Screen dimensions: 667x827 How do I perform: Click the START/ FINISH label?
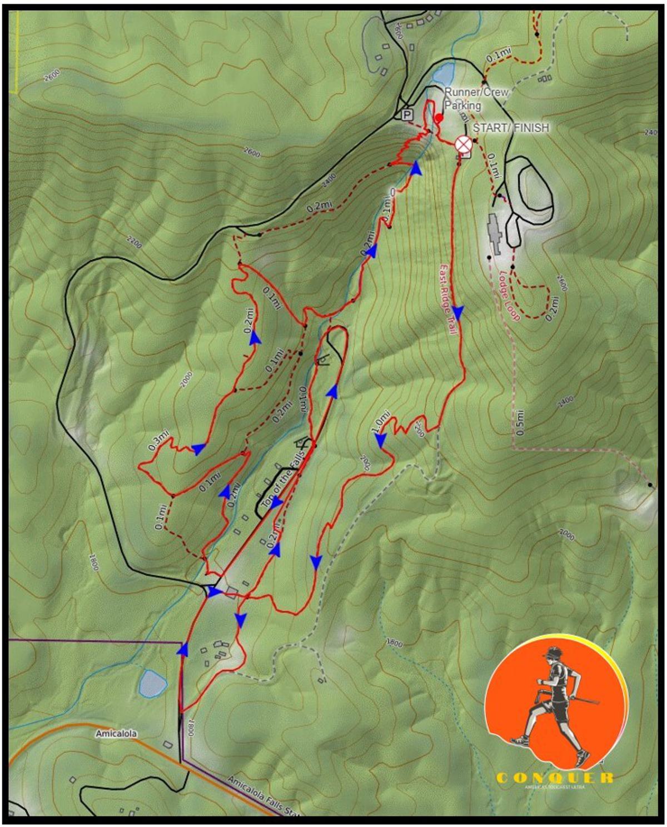[x=510, y=128]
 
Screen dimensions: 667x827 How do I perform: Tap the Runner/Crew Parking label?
[x=476, y=98]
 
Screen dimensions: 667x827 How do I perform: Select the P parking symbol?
[x=407, y=115]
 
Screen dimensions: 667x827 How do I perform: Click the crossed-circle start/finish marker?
[x=462, y=144]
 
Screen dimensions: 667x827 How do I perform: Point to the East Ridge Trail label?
[x=448, y=300]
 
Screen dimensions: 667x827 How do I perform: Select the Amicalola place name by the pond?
[x=116, y=734]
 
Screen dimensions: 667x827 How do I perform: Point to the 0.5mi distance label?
[x=519, y=422]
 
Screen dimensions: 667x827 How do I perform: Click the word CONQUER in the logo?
[x=554, y=778]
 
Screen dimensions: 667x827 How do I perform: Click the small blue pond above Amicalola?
[x=153, y=683]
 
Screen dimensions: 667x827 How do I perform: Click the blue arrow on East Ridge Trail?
[x=459, y=312]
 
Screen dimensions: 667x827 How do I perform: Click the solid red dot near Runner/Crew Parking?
[x=439, y=118]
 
